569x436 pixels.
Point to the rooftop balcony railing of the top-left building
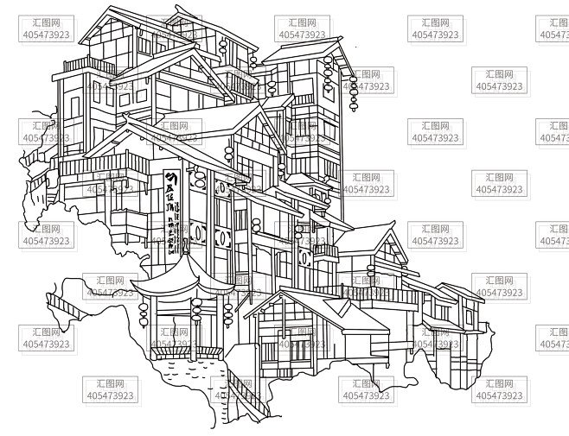coord(88,65)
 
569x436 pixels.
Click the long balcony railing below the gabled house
coord(380,294)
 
